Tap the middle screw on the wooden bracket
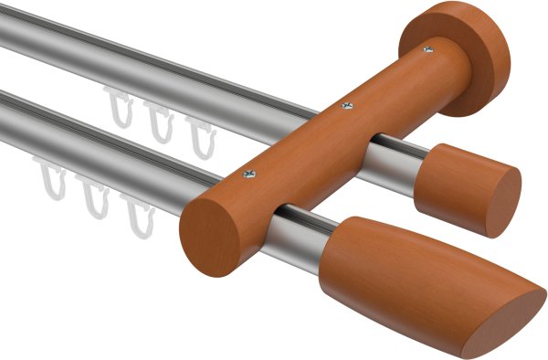coord(346,108)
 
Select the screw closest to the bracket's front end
coord(251,170)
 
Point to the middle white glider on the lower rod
coord(93,196)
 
